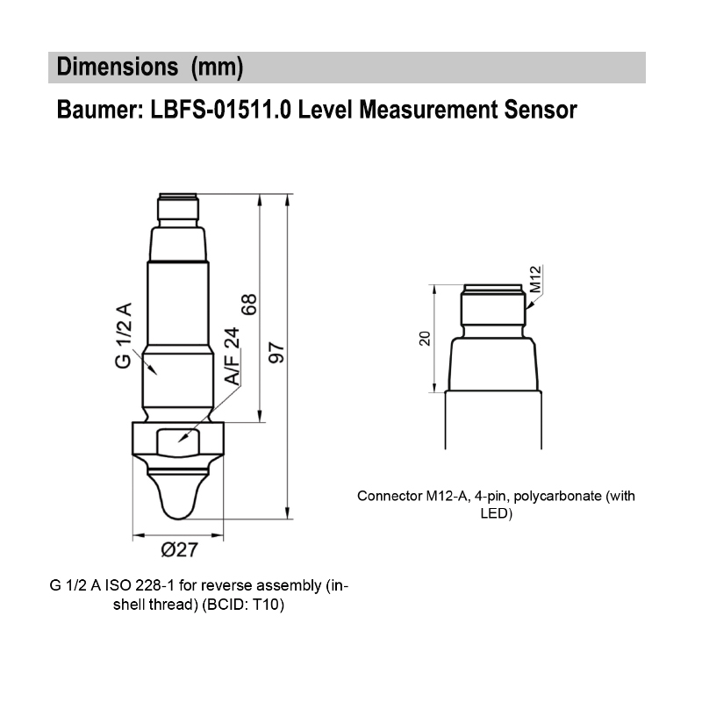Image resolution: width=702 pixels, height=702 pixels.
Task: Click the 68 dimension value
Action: click(250, 304)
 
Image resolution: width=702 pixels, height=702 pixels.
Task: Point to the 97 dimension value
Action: click(277, 352)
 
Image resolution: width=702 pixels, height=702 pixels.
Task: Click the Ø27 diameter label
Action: click(178, 551)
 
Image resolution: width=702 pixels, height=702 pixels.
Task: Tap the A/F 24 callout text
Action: click(232, 356)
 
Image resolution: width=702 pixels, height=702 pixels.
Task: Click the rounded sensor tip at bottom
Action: click(178, 496)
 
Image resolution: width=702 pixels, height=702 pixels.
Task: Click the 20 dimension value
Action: click(426, 338)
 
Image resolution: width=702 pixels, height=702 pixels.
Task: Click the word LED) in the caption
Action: click(496, 513)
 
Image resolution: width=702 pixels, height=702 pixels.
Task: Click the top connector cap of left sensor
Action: click(178, 209)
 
